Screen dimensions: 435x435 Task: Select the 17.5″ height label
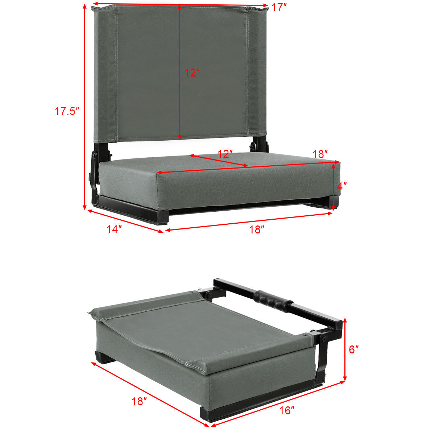(x=67, y=111)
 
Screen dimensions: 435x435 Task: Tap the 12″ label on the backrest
(x=192, y=73)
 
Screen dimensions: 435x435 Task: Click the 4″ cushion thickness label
(x=341, y=186)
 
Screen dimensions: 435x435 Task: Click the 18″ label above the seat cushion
(x=320, y=154)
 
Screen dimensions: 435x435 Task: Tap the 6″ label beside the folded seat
(x=354, y=349)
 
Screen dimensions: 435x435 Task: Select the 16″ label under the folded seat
(x=287, y=410)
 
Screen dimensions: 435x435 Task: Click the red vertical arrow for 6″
(x=345, y=349)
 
